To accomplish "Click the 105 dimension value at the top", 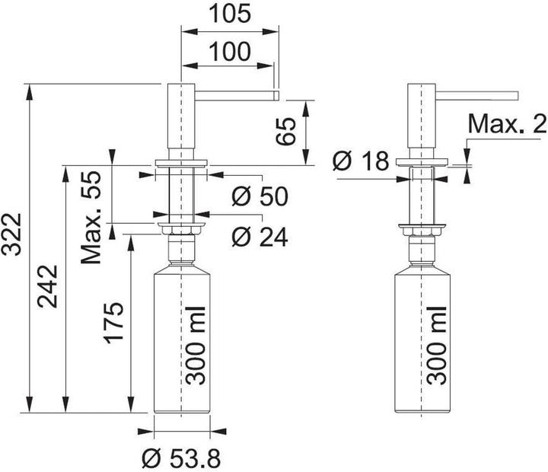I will click(x=228, y=14).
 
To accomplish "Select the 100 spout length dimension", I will click(x=228, y=52).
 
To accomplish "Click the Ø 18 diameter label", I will click(x=361, y=161).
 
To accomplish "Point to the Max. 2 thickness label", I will click(x=507, y=123).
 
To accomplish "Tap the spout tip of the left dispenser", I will click(x=276, y=94).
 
